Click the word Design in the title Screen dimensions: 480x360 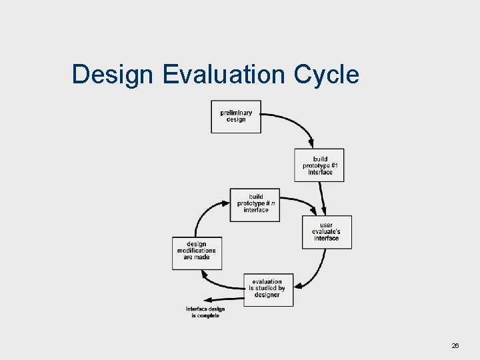tap(113, 75)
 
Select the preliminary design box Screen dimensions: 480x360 tap(236, 117)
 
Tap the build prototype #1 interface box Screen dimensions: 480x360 tap(319, 165)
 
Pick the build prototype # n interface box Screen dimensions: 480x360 tap(255, 203)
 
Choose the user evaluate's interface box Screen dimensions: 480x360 tap(327, 232)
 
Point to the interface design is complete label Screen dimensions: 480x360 tap(205, 312)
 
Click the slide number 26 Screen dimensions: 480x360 tap(455, 345)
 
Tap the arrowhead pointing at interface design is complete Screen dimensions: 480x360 tap(208, 300)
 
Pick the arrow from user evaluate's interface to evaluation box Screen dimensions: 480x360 tap(319, 270)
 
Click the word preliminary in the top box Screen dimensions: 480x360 tap(236, 113)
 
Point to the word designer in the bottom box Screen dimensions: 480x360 tap(267, 295)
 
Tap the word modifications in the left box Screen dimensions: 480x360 tap(196, 251)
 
